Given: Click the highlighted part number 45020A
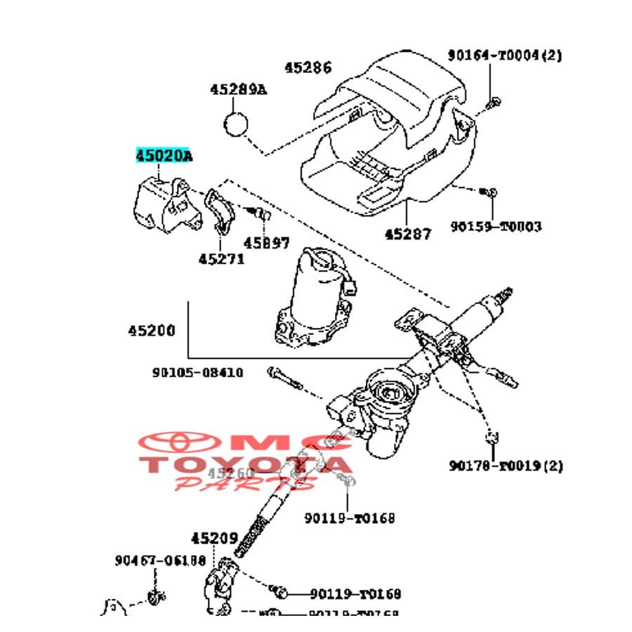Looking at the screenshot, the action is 163,156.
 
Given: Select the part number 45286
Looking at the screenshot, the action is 308,68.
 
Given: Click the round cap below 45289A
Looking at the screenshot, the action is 237,124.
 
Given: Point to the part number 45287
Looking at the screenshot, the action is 408,233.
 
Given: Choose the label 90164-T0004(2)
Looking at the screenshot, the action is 505,55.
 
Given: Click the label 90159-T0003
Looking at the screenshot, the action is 496,226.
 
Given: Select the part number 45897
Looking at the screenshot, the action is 266,242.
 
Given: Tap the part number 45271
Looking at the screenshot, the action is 221,258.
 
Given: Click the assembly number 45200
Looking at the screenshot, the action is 152,330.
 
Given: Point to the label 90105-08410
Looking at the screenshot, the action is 198,372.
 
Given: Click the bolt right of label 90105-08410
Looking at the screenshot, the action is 284,377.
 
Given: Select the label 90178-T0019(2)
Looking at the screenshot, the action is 506,465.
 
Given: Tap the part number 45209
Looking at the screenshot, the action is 214,539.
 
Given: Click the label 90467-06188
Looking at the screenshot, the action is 160,560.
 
